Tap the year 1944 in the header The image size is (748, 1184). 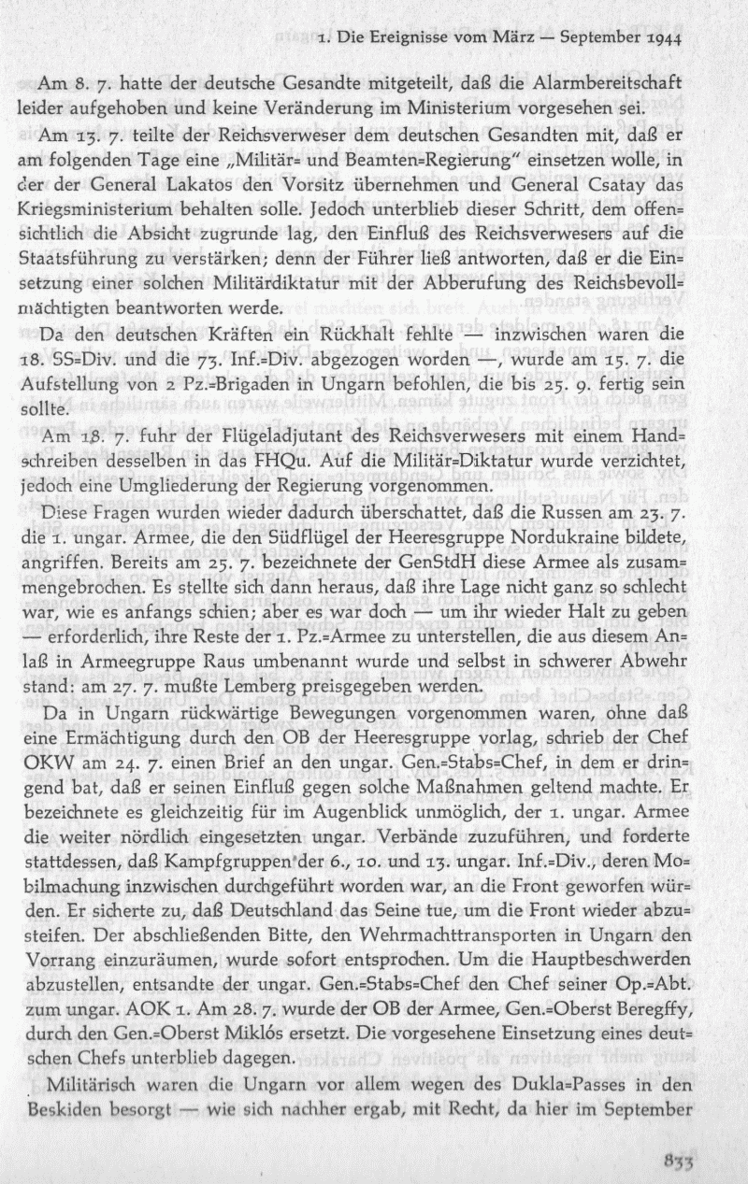(660, 38)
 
